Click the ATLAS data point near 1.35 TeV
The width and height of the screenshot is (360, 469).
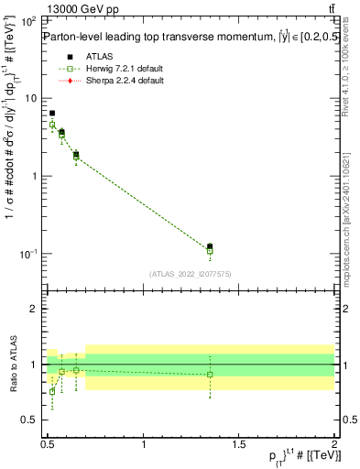(210, 246)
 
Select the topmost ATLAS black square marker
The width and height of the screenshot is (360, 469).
(52, 114)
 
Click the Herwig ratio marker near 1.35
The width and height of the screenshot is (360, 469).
(210, 374)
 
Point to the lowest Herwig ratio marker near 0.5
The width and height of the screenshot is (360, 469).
(52, 391)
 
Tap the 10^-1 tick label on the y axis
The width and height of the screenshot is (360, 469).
(27, 254)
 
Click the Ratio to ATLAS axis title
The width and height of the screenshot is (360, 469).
(12, 364)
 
